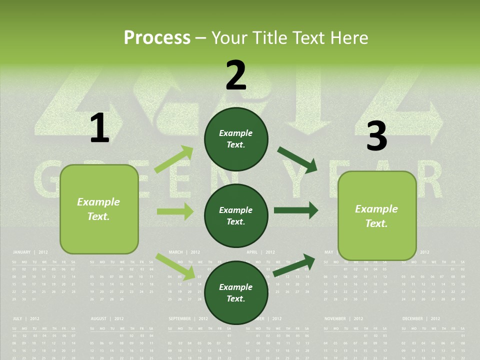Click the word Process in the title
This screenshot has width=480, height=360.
pos(157,37)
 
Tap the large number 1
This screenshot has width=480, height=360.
pos(99,128)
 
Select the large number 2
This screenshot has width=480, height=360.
pos(236,75)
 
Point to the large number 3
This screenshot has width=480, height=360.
pos(376,136)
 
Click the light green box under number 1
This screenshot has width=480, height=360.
pos(99,209)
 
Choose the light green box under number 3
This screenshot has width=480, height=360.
pos(377,215)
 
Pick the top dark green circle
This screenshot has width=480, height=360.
pos(236,139)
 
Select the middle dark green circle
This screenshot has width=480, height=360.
pos(236,215)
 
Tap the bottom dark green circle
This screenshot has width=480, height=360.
pos(236,292)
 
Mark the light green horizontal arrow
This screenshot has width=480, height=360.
pos(175,211)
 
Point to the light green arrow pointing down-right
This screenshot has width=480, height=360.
pos(175,266)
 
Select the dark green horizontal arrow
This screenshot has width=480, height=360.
pos(296,210)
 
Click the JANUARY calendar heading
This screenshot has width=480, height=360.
pos(22,252)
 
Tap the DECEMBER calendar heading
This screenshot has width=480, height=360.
pos(412,318)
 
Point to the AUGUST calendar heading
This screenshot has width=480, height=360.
pos(99,318)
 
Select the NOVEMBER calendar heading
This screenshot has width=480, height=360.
pos(335,318)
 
